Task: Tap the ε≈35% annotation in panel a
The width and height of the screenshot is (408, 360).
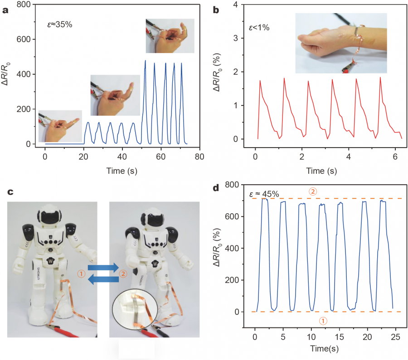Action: point(60,24)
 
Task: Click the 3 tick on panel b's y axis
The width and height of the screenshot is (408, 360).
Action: point(236,38)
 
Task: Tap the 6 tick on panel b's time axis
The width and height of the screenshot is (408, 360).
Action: point(395,156)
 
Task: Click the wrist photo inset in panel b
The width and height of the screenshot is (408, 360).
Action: point(341,43)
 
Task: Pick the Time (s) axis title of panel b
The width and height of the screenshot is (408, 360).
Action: point(321,171)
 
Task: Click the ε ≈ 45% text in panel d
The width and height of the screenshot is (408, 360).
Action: point(264,194)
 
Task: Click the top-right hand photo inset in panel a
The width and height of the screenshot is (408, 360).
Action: point(170,36)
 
